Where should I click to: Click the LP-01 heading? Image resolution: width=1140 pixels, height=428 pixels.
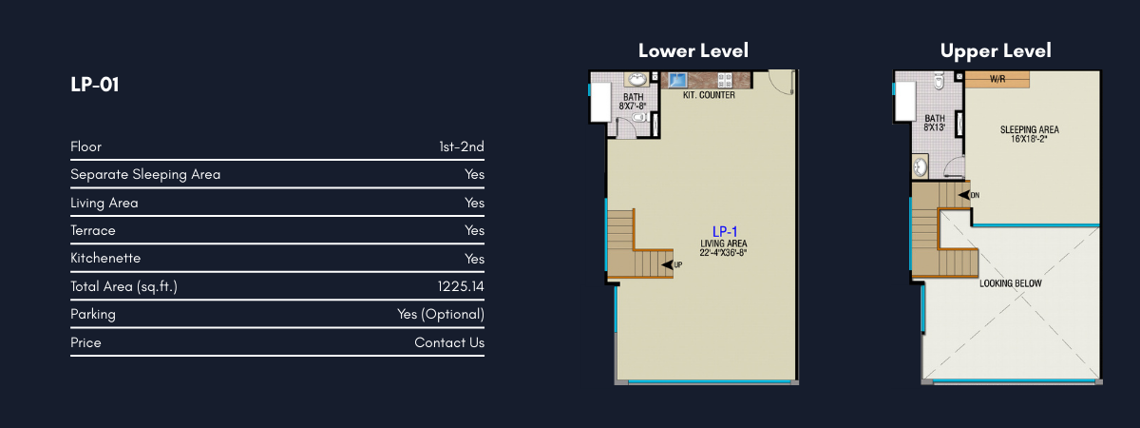click(95, 85)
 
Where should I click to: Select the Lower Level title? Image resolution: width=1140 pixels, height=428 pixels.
click(693, 50)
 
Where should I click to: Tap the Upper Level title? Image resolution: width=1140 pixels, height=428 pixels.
click(996, 51)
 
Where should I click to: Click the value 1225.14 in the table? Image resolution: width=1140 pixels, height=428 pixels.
click(461, 286)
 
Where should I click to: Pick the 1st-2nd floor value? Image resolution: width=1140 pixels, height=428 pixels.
click(462, 146)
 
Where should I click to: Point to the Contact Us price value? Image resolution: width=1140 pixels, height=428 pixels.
click(449, 342)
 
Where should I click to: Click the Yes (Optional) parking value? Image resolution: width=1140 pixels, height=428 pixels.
click(441, 315)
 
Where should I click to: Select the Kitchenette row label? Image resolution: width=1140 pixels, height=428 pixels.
click(105, 258)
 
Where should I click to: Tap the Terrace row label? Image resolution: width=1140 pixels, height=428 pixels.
click(93, 230)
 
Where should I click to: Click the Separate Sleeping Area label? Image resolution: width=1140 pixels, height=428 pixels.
click(145, 174)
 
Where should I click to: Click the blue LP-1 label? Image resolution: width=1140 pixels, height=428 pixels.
click(725, 232)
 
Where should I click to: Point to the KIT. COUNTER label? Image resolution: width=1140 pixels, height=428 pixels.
click(709, 95)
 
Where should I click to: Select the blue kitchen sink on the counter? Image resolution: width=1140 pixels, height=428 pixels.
click(677, 80)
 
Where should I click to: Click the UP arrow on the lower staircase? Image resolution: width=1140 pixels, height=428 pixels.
click(667, 265)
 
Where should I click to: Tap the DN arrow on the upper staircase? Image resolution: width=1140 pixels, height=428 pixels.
click(964, 195)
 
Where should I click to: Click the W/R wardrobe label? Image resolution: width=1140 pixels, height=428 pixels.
click(997, 79)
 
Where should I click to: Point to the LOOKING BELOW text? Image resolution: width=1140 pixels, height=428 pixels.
click(1011, 283)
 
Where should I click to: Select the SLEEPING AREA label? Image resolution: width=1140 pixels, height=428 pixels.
click(1030, 130)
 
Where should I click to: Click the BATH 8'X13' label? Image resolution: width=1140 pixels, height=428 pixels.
click(935, 123)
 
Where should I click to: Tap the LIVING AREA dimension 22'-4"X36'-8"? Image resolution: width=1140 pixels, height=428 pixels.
click(723, 253)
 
